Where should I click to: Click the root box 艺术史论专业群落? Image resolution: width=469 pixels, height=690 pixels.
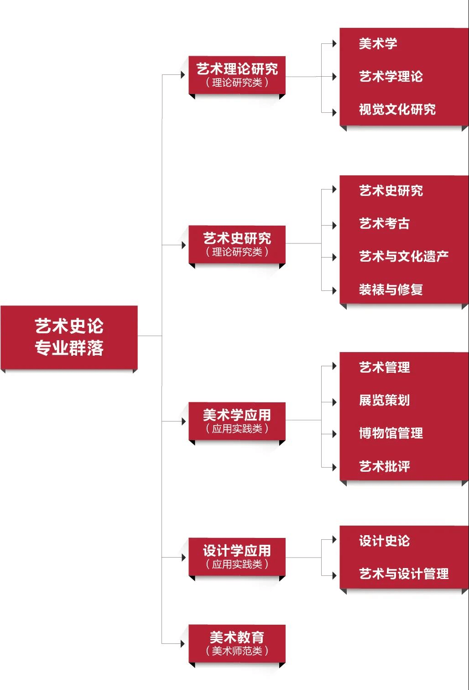69,337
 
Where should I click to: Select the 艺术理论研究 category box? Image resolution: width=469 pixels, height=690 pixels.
237,75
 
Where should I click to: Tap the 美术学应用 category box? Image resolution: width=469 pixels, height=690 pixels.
237,421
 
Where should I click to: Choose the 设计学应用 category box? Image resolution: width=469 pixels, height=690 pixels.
237,557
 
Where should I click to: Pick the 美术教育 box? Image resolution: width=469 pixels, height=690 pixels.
237,643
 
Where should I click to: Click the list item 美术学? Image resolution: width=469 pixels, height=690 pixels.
378,44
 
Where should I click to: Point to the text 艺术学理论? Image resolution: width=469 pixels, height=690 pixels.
391,77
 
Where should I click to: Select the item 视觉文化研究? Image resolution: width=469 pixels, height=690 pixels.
397,110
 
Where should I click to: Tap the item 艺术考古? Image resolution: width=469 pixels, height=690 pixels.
384,224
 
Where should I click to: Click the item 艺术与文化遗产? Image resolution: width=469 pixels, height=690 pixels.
403,257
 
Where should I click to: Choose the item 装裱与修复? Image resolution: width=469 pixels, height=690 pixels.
391,290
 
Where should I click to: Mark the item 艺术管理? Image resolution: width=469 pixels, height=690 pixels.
384,367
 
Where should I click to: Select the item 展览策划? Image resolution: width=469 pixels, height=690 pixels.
384,400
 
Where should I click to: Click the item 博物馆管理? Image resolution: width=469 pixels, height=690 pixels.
391,433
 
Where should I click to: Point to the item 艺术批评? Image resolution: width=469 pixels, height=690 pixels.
384,466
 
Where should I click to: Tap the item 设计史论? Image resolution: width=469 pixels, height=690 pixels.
384,541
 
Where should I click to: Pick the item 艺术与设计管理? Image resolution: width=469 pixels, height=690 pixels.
403,574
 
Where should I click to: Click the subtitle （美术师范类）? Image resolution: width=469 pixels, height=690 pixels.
237,651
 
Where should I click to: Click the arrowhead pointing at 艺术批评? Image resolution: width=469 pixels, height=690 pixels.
334,467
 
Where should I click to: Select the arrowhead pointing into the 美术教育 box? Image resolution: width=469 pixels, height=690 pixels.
183,644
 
